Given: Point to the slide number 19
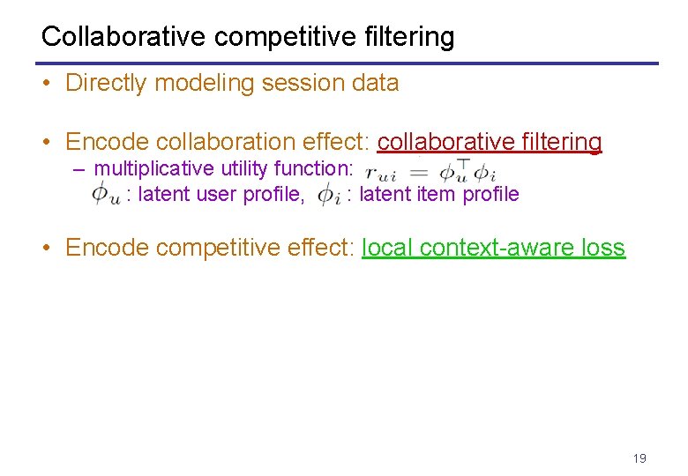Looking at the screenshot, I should click(639, 457).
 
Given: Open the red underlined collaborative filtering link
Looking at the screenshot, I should click(490, 142).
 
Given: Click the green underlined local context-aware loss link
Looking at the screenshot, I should click(493, 248).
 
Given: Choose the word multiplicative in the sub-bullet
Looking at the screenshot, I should click(153, 168).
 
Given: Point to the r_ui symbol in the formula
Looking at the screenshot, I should click(381, 172).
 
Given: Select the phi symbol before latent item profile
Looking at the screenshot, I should click(327, 194).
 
